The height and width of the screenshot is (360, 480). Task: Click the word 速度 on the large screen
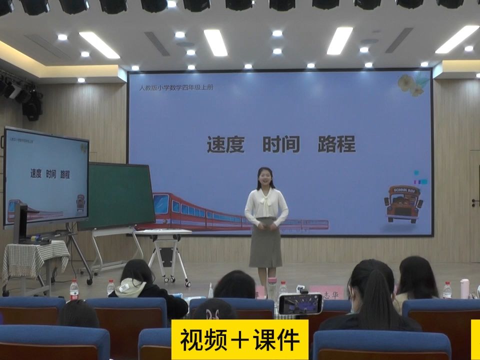coord(225,144)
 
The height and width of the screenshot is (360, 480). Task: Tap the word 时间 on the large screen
coord(281,144)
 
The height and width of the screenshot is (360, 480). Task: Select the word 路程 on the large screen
coord(336,144)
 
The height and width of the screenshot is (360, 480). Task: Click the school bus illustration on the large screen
coord(403,203)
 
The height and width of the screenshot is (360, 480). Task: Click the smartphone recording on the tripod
coord(300,303)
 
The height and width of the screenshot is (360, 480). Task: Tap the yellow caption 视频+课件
coord(240,339)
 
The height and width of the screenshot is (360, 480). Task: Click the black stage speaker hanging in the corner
coord(31,104)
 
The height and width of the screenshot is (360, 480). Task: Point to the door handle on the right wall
coord(475,202)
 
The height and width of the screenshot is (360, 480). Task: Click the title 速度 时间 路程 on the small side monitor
coord(50,174)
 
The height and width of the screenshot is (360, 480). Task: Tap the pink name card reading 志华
coord(327,291)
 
